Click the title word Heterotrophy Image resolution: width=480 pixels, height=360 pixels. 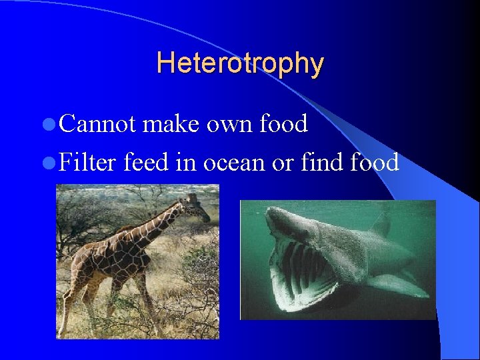click(x=240, y=64)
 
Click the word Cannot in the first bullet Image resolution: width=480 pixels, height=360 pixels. click(x=97, y=124)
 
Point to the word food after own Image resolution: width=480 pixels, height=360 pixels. click(x=283, y=124)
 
